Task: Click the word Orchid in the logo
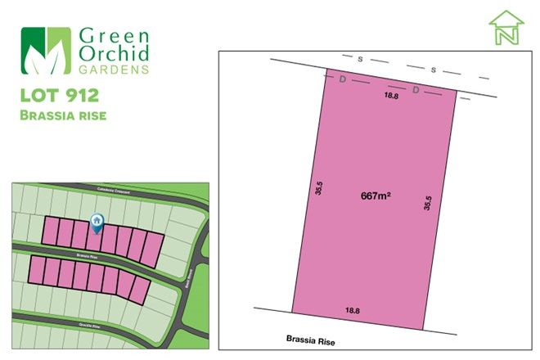point(115,55)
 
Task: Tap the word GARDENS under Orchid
point(114,70)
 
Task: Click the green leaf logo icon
point(46,51)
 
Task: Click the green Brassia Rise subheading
point(63,115)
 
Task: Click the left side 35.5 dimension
point(317,189)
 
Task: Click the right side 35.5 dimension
point(427,203)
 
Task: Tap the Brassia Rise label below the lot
point(312,338)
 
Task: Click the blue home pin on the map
point(97,221)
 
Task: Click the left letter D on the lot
point(342,79)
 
